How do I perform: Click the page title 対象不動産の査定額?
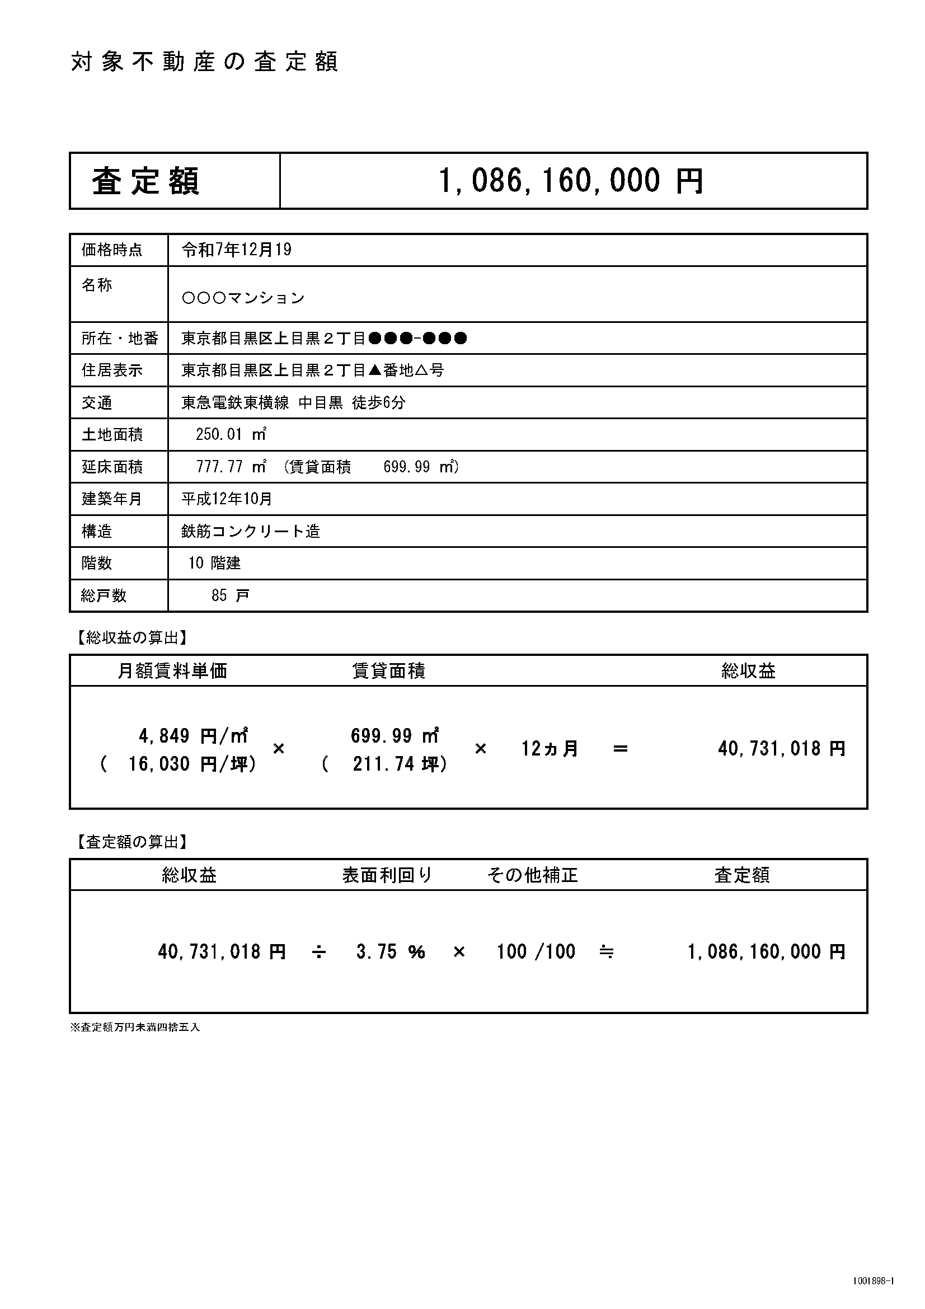[205, 62]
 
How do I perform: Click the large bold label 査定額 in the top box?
[145, 181]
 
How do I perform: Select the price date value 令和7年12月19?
[237, 250]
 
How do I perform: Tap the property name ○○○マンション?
[243, 298]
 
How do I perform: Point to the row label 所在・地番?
[120, 339]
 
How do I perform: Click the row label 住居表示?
[112, 370]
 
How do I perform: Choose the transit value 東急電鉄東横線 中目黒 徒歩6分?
[294, 403]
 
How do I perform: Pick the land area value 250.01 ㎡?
[231, 434]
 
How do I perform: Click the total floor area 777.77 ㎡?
[231, 467]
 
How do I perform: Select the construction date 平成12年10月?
[227, 499]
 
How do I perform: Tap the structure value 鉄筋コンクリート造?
[251, 531]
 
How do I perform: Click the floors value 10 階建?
[215, 564]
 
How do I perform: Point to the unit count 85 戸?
[230, 596]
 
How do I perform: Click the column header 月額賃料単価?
[172, 671]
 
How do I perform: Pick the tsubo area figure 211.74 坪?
[400, 764]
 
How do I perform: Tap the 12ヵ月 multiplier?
[550, 749]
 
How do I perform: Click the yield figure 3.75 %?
[391, 951]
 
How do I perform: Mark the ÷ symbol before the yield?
[319, 951]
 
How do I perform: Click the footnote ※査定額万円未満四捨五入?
[135, 1028]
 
